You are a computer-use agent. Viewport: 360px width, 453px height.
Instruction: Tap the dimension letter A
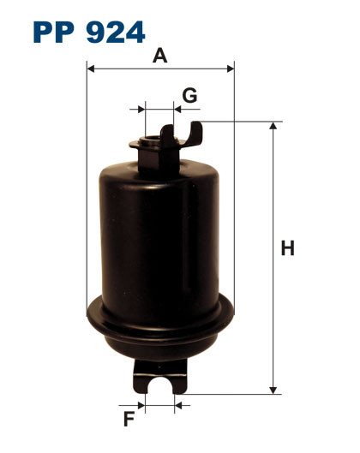click(159, 57)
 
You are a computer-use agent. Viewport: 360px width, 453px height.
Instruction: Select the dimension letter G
click(189, 95)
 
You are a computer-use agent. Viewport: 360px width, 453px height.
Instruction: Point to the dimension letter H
click(288, 249)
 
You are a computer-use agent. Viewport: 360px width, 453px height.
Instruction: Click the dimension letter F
click(129, 420)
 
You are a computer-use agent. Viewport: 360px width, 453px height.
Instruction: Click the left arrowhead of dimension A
click(90, 69)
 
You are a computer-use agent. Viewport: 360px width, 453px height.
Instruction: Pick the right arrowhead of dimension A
click(230, 69)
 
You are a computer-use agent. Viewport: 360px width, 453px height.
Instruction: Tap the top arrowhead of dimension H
click(274, 126)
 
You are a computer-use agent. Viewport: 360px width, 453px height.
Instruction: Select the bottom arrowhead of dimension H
click(274, 390)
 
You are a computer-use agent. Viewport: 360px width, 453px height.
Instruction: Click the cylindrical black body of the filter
click(159, 231)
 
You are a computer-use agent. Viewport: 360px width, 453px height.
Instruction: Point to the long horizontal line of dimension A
click(159, 69)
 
